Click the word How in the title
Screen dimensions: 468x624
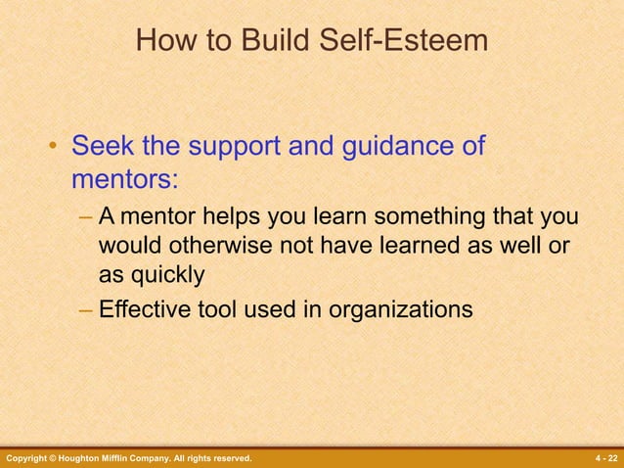(x=160, y=41)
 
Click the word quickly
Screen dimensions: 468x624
(x=164, y=275)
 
